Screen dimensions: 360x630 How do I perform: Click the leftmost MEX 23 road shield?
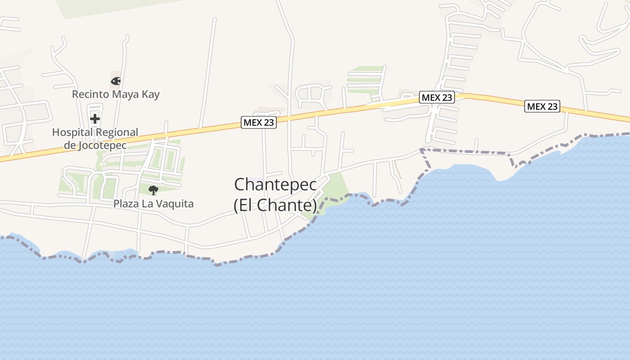[259, 122]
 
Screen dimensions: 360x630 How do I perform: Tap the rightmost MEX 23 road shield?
[542, 106]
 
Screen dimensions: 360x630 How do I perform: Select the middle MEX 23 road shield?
[437, 97]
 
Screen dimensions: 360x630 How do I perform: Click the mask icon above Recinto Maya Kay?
[116, 81]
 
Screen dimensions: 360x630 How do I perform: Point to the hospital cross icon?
[95, 119]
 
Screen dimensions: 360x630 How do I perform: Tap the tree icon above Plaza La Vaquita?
[153, 190]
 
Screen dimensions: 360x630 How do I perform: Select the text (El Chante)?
[275, 205]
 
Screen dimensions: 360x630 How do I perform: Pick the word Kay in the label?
[151, 94]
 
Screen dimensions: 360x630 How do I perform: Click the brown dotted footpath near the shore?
[397, 169]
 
